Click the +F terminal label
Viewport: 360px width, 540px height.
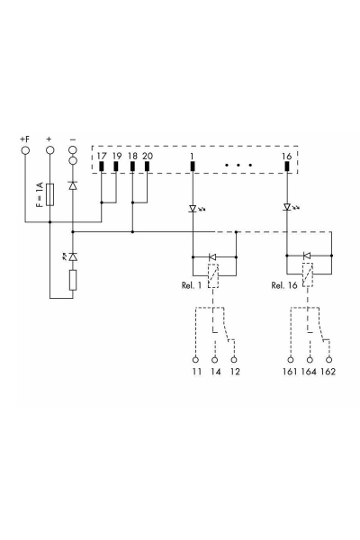click(x=25, y=139)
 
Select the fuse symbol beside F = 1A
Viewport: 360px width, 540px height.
click(x=49, y=193)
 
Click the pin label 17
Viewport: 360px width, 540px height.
click(x=102, y=157)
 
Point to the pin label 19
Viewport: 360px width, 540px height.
click(x=116, y=157)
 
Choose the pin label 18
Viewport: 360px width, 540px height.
click(x=132, y=157)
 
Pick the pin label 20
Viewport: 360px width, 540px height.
click(x=148, y=157)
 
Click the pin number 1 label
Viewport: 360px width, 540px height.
click(x=193, y=157)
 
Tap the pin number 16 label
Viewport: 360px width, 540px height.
click(x=286, y=157)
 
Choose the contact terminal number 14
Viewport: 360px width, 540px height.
click(x=214, y=371)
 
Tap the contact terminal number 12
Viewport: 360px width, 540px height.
click(x=236, y=371)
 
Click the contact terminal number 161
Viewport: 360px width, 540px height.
click(x=289, y=371)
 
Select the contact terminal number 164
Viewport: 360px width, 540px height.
click(x=309, y=371)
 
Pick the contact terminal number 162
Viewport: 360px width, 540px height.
click(x=328, y=371)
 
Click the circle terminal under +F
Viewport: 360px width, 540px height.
click(x=25, y=150)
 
